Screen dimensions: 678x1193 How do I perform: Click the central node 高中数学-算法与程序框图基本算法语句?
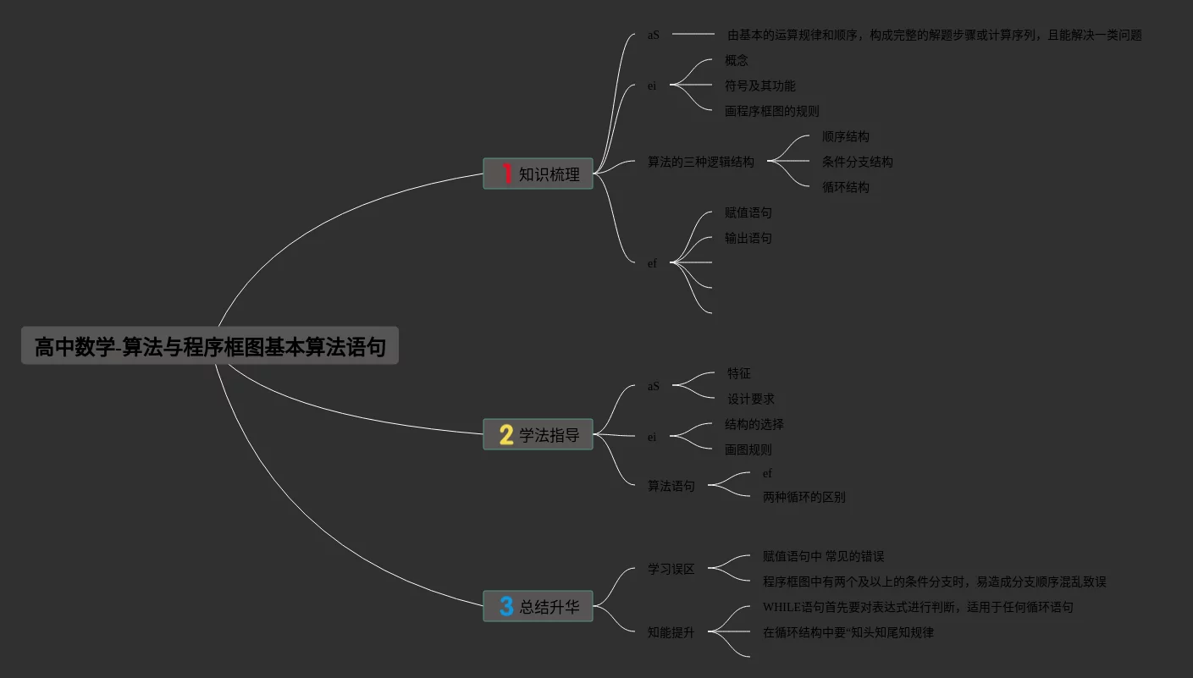click(209, 346)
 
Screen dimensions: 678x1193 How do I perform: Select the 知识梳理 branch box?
click(538, 174)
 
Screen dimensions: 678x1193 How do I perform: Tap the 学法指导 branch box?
click(538, 435)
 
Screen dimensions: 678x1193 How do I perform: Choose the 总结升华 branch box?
click(538, 606)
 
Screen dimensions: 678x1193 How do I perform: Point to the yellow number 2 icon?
click(506, 435)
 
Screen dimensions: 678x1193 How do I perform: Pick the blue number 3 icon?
click(506, 606)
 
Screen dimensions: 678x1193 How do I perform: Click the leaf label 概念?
click(737, 60)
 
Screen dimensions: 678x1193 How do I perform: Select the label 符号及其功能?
click(759, 85)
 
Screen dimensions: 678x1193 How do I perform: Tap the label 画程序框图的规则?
click(771, 111)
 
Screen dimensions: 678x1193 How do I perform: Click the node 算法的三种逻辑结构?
click(700, 162)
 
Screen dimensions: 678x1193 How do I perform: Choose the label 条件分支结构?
click(857, 162)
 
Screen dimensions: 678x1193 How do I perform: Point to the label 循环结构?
click(845, 187)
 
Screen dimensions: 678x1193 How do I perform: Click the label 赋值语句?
click(748, 212)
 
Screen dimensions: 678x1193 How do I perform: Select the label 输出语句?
click(748, 238)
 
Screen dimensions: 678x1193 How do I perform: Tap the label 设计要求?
click(750, 399)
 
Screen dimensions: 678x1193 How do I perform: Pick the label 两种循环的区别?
click(804, 497)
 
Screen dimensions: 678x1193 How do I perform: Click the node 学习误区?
click(671, 569)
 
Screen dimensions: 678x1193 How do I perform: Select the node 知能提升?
click(671, 632)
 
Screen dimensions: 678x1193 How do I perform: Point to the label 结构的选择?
click(754, 424)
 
